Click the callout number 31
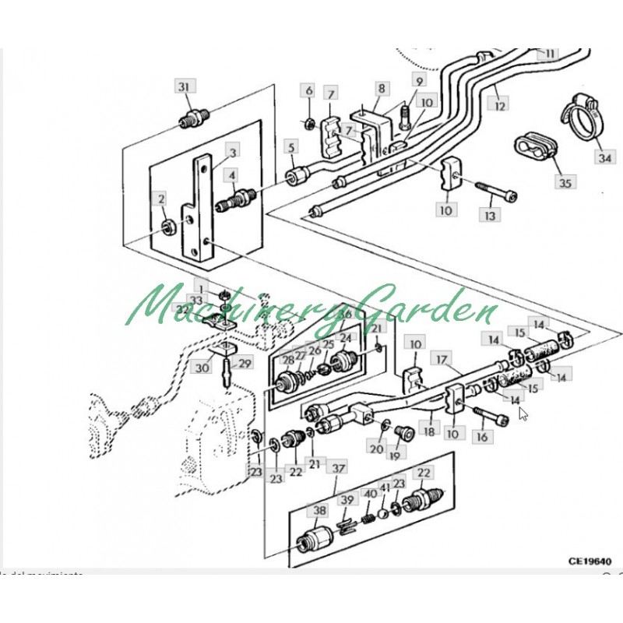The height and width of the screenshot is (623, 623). point(184,86)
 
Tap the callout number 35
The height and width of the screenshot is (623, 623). point(565,183)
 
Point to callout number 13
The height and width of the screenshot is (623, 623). point(489,214)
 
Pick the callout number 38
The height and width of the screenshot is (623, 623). point(319,512)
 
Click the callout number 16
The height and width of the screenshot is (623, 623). point(481,438)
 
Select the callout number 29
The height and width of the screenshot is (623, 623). point(245,364)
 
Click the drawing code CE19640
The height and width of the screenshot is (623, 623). point(590,560)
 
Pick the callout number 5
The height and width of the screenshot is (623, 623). point(291,146)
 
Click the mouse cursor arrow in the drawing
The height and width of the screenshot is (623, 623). point(523,414)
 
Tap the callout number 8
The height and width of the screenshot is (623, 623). point(382,88)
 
